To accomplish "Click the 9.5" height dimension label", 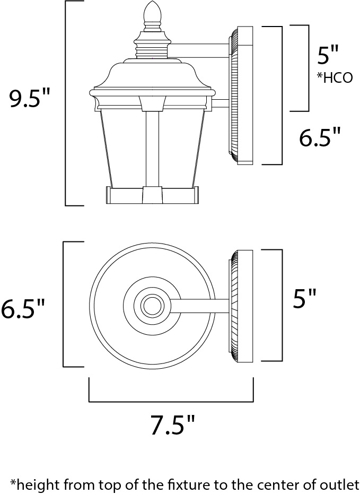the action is point(30,98).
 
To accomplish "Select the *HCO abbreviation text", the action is point(335,77).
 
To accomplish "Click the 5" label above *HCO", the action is point(327,55).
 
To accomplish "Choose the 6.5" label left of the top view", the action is point(23,308).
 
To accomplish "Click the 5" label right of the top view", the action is point(304,298).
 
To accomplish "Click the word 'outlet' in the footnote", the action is point(340,484).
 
